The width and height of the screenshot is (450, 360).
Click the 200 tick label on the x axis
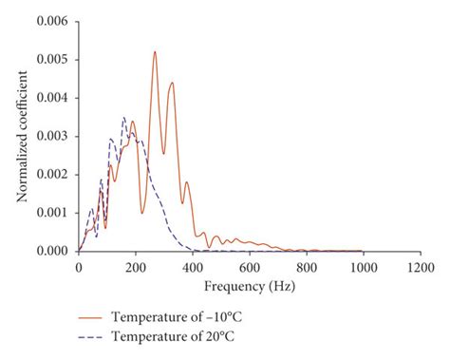pyautogui.click(x=135, y=268)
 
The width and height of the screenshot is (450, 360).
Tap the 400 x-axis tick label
pyautogui.click(x=192, y=268)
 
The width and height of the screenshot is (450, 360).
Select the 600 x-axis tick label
pyautogui.click(x=249, y=268)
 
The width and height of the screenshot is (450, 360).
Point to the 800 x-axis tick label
pyautogui.click(x=306, y=268)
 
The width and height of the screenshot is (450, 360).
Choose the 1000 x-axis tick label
pyautogui.click(x=363, y=268)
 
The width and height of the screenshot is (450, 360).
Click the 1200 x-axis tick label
pyautogui.click(x=420, y=268)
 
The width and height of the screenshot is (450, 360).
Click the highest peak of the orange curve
pyautogui.click(x=155, y=52)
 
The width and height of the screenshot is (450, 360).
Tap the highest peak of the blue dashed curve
pyautogui.click(x=123, y=118)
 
